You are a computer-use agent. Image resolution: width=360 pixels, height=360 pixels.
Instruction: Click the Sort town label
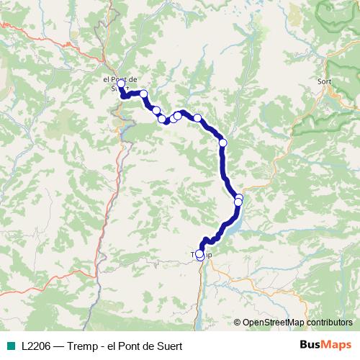324,82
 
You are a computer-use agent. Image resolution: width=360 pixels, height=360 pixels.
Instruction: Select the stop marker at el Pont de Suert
121,84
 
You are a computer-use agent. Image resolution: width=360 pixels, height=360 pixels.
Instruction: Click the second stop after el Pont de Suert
144,94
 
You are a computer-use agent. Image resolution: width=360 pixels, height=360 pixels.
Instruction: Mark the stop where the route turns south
223,143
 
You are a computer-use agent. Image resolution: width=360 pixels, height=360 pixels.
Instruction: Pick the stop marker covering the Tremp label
199,253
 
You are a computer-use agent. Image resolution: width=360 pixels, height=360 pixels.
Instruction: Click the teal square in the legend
10,346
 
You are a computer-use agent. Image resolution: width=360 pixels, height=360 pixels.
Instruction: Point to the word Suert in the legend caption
168,346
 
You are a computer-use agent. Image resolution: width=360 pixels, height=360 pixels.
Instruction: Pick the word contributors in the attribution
329,322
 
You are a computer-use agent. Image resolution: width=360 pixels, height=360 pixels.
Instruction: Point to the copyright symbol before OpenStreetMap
238,322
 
